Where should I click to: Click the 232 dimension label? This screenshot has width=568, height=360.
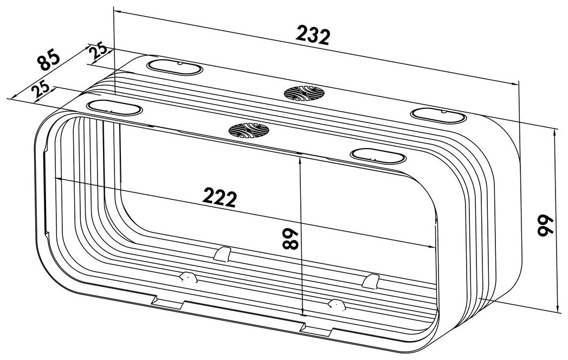coord(313,35)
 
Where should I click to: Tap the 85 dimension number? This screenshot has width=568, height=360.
coord(49,60)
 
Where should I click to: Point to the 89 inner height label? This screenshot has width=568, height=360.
coord(290,239)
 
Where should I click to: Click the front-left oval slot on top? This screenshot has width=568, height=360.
coord(114,108)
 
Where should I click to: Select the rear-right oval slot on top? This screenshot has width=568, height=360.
coord(438,115)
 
